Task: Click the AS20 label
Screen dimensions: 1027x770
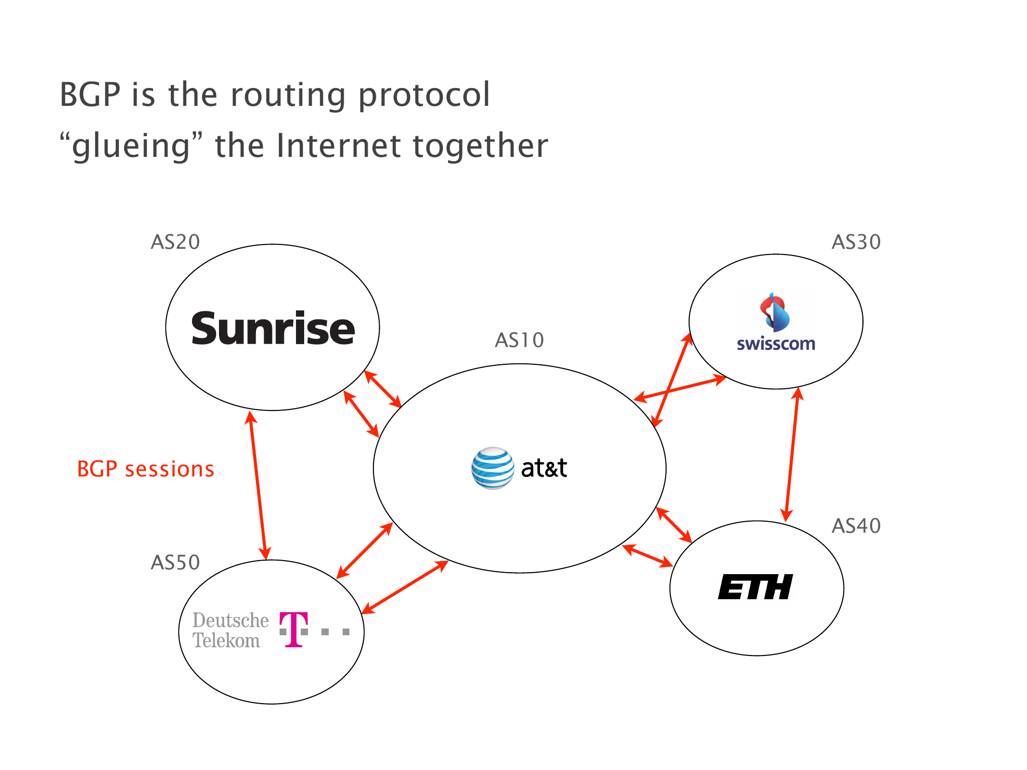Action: pyautogui.click(x=175, y=242)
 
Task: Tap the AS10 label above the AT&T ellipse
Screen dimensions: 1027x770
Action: pyautogui.click(x=519, y=340)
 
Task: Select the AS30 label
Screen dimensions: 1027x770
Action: pyautogui.click(x=856, y=242)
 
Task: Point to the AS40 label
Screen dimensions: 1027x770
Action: pyautogui.click(x=856, y=526)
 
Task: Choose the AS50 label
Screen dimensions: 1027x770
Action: pyautogui.click(x=175, y=562)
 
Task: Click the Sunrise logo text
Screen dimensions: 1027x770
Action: pyautogui.click(x=273, y=328)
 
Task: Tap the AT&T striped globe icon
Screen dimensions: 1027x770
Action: pyautogui.click(x=492, y=468)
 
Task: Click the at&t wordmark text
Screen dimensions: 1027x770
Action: pyautogui.click(x=544, y=468)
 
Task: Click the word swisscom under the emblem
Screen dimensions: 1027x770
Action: pyautogui.click(x=776, y=344)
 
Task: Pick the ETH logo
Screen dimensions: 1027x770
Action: pyautogui.click(x=755, y=587)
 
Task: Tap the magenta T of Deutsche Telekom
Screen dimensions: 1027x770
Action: pyautogui.click(x=294, y=629)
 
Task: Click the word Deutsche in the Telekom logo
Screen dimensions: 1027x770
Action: pyautogui.click(x=231, y=620)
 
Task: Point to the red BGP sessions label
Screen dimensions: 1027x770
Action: pyautogui.click(x=145, y=469)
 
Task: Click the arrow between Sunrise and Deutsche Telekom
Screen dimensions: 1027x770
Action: pyautogui.click(x=258, y=486)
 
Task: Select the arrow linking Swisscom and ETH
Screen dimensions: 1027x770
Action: pyautogui.click(x=792, y=454)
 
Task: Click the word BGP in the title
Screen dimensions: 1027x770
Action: pyautogui.click(x=90, y=94)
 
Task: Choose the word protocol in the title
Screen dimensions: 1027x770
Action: pyautogui.click(x=424, y=95)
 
